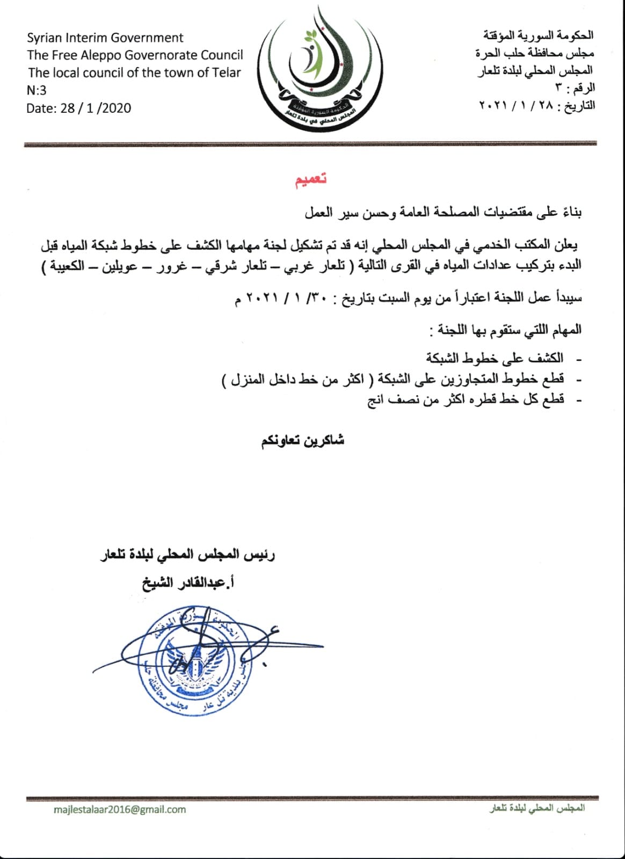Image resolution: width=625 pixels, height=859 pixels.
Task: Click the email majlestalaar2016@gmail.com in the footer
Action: (x=120, y=809)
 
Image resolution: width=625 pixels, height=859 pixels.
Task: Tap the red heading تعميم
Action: (x=311, y=180)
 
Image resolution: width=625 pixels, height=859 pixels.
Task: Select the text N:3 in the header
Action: (x=37, y=90)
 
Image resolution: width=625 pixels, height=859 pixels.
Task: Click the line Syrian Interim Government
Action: (x=105, y=38)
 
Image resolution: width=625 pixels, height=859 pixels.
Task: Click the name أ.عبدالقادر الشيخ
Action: (x=188, y=583)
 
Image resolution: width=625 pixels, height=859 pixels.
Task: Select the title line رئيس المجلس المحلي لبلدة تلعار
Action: (x=188, y=555)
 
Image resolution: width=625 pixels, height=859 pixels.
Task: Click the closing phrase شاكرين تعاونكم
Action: (x=303, y=441)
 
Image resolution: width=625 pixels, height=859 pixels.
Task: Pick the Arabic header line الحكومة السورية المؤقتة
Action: (x=538, y=35)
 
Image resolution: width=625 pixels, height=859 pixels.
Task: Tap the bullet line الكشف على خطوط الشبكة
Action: (x=495, y=358)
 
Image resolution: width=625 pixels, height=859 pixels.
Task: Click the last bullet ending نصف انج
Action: (x=466, y=400)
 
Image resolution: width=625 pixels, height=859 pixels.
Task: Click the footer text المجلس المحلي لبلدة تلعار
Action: (x=537, y=809)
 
